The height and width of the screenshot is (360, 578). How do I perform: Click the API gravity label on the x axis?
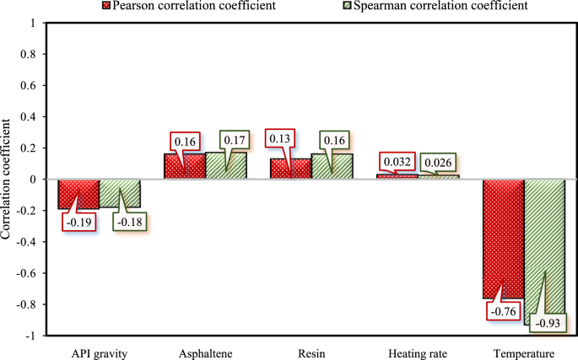coord(99,353)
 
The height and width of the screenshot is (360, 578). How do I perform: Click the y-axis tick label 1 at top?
coord(33,24)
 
